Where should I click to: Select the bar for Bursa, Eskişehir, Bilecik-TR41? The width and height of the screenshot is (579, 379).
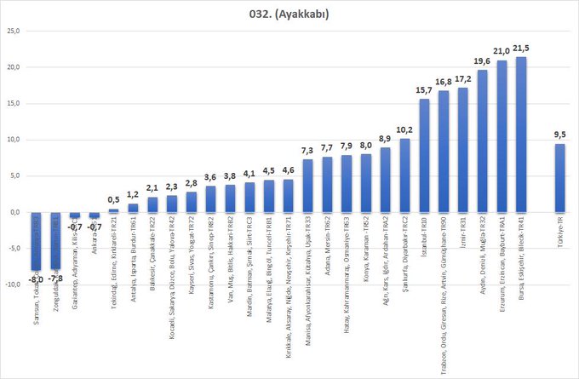tap(521, 135)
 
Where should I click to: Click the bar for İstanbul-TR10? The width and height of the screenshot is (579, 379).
tap(424, 156)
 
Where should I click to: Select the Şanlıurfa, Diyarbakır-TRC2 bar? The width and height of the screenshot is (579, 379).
tap(404, 175)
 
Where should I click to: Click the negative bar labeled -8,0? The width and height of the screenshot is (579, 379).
tap(37, 241)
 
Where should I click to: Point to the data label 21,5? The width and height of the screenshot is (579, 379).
tap(522, 48)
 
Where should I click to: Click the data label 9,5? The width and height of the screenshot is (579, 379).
tap(559, 135)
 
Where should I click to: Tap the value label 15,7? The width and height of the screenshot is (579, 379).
tap(424, 90)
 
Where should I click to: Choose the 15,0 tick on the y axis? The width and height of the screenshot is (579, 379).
tap(14, 103)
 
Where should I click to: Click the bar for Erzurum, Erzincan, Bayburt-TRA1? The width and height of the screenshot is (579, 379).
tap(502, 136)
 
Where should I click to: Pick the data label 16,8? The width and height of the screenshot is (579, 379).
tap(444, 82)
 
